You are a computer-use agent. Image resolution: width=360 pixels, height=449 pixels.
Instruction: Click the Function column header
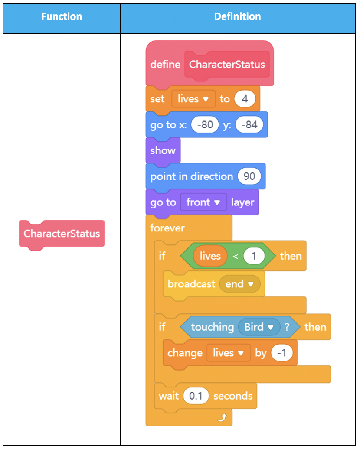coord(62,16)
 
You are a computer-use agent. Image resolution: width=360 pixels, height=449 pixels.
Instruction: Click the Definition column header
coord(237,16)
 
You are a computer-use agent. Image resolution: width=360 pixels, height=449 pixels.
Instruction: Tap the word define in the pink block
coord(165,65)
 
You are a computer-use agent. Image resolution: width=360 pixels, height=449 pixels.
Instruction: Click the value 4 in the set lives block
coord(245,99)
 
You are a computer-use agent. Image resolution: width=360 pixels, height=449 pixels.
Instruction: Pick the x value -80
coord(205,124)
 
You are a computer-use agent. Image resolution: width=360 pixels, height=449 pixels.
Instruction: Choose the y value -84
coord(249,124)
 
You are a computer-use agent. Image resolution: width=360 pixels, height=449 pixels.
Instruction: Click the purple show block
coord(163,151)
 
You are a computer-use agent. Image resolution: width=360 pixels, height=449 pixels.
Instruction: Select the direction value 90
coord(249,176)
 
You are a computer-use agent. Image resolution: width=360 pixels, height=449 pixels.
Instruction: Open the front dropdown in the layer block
coord(203,202)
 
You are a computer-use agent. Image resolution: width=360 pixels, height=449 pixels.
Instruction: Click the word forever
coord(167,228)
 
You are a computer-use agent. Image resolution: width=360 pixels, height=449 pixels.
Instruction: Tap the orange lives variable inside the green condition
coord(210,256)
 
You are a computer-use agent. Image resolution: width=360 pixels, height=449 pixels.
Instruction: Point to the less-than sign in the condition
coord(236,256)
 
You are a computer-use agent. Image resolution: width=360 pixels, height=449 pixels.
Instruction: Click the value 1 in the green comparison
coord(254,256)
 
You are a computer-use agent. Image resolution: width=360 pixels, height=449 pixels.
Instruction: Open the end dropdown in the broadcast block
coord(239,284)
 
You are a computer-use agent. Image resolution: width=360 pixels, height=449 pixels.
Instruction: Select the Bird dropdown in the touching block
coord(259,327)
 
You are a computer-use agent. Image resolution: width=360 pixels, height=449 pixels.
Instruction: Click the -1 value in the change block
coord(282,353)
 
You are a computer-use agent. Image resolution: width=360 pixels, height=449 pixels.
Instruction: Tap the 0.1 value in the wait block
coord(196,396)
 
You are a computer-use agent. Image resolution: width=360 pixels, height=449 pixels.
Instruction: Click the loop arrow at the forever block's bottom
coord(222,418)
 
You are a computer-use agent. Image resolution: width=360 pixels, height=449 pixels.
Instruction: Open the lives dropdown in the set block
coord(193,99)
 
